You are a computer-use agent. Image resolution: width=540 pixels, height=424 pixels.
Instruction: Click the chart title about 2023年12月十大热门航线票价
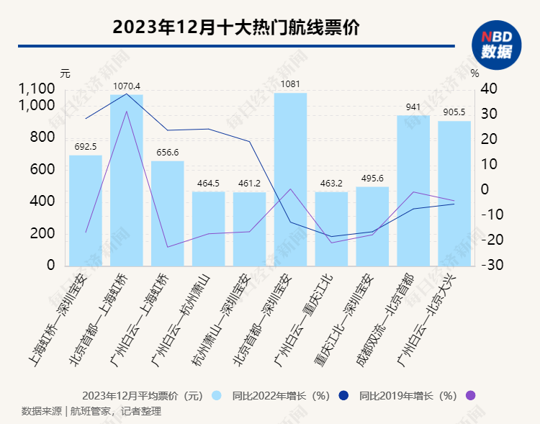237,28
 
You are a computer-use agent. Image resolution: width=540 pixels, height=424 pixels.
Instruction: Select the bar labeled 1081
290,179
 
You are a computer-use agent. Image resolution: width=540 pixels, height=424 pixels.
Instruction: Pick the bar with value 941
413,190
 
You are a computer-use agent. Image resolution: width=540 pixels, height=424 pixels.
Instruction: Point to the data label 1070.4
127,86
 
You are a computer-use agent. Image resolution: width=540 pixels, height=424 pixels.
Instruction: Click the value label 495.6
372,179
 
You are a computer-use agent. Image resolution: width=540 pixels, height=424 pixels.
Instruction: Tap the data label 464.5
208,184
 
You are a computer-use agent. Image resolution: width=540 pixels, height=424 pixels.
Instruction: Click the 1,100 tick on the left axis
37,89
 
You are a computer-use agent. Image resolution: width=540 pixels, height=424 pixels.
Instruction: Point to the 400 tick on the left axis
42,202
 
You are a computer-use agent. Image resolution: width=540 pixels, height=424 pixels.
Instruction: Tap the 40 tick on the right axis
489,89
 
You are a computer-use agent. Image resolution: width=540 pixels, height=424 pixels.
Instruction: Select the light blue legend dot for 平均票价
217,395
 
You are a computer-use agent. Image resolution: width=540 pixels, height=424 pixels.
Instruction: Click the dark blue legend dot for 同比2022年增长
343,395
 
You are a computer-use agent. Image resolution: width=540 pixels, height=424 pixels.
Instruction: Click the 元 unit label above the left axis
66,73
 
